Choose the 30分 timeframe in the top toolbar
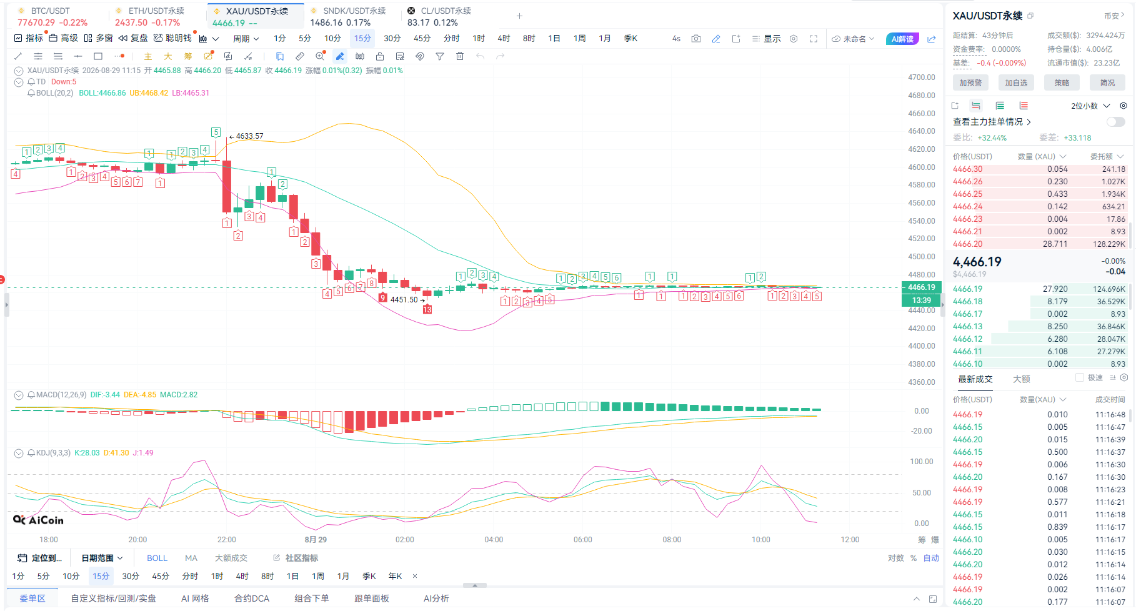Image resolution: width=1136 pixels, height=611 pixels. point(392,38)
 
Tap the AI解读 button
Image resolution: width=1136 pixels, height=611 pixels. point(902,39)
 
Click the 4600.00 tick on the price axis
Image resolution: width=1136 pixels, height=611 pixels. point(922,167)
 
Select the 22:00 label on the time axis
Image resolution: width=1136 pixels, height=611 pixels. point(227,539)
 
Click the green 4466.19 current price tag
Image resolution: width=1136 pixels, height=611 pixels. point(922,287)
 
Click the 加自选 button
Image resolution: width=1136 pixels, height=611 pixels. point(1016,82)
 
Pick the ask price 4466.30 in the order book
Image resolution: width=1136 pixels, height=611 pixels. point(967,169)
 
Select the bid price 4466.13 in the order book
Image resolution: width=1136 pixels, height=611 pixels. point(967,326)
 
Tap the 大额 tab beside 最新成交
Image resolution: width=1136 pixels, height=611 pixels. point(1022,379)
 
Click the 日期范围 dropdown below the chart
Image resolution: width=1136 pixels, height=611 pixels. point(102,558)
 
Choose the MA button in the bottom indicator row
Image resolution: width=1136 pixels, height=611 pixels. point(191,558)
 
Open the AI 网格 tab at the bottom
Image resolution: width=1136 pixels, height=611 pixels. point(195,598)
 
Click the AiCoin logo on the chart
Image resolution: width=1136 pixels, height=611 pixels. point(38,520)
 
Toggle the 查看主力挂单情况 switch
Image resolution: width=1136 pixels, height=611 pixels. point(1115,122)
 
